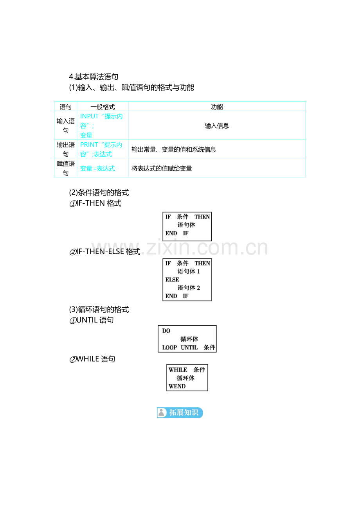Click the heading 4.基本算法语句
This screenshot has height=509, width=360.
pyautogui.click(x=94, y=77)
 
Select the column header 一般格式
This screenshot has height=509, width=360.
pyautogui.click(x=103, y=107)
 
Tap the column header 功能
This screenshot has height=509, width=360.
pyautogui.click(x=217, y=107)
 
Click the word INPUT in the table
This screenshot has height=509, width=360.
pyautogui.click(x=89, y=116)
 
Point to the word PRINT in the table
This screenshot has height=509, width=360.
pyautogui.click(x=89, y=145)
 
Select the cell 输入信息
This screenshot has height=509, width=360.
pyautogui.click(x=217, y=125)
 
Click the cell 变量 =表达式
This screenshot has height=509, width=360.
pyautogui.click(x=97, y=168)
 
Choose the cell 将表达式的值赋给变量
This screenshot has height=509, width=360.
pyautogui.click(x=162, y=168)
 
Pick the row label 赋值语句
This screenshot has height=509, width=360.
pyautogui.click(x=66, y=168)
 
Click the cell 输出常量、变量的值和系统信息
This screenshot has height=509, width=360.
pyautogui.click(x=174, y=149)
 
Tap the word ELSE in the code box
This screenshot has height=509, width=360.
pyautogui.click(x=172, y=280)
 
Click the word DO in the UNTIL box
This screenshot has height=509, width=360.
pyautogui.click(x=166, y=331)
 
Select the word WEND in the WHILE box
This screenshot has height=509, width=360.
pyautogui.click(x=177, y=386)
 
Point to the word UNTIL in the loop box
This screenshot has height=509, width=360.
pyautogui.click(x=189, y=348)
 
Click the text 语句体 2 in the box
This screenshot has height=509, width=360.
pyautogui.click(x=189, y=288)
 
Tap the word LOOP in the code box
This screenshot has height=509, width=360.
pyautogui.click(x=169, y=348)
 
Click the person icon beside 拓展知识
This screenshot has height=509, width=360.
pyautogui.click(x=162, y=413)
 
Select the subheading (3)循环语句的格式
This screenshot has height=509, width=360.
pyautogui.click(x=99, y=310)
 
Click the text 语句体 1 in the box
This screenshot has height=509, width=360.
pyautogui.click(x=189, y=271)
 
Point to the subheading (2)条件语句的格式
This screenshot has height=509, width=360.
pyautogui.click(x=99, y=193)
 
